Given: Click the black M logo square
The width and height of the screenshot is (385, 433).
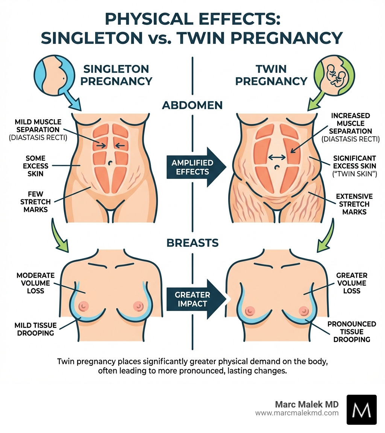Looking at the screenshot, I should click(x=361, y=409).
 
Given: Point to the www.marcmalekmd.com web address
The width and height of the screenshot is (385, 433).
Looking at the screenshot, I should click(x=297, y=413).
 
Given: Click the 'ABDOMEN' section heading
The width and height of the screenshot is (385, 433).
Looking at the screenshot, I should click(x=192, y=105).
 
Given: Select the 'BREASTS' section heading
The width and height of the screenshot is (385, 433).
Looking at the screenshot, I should click(x=192, y=243).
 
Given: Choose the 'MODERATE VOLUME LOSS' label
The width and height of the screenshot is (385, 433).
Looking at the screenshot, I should click(x=36, y=283).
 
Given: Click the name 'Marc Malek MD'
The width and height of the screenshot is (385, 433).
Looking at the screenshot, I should click(x=307, y=404).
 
